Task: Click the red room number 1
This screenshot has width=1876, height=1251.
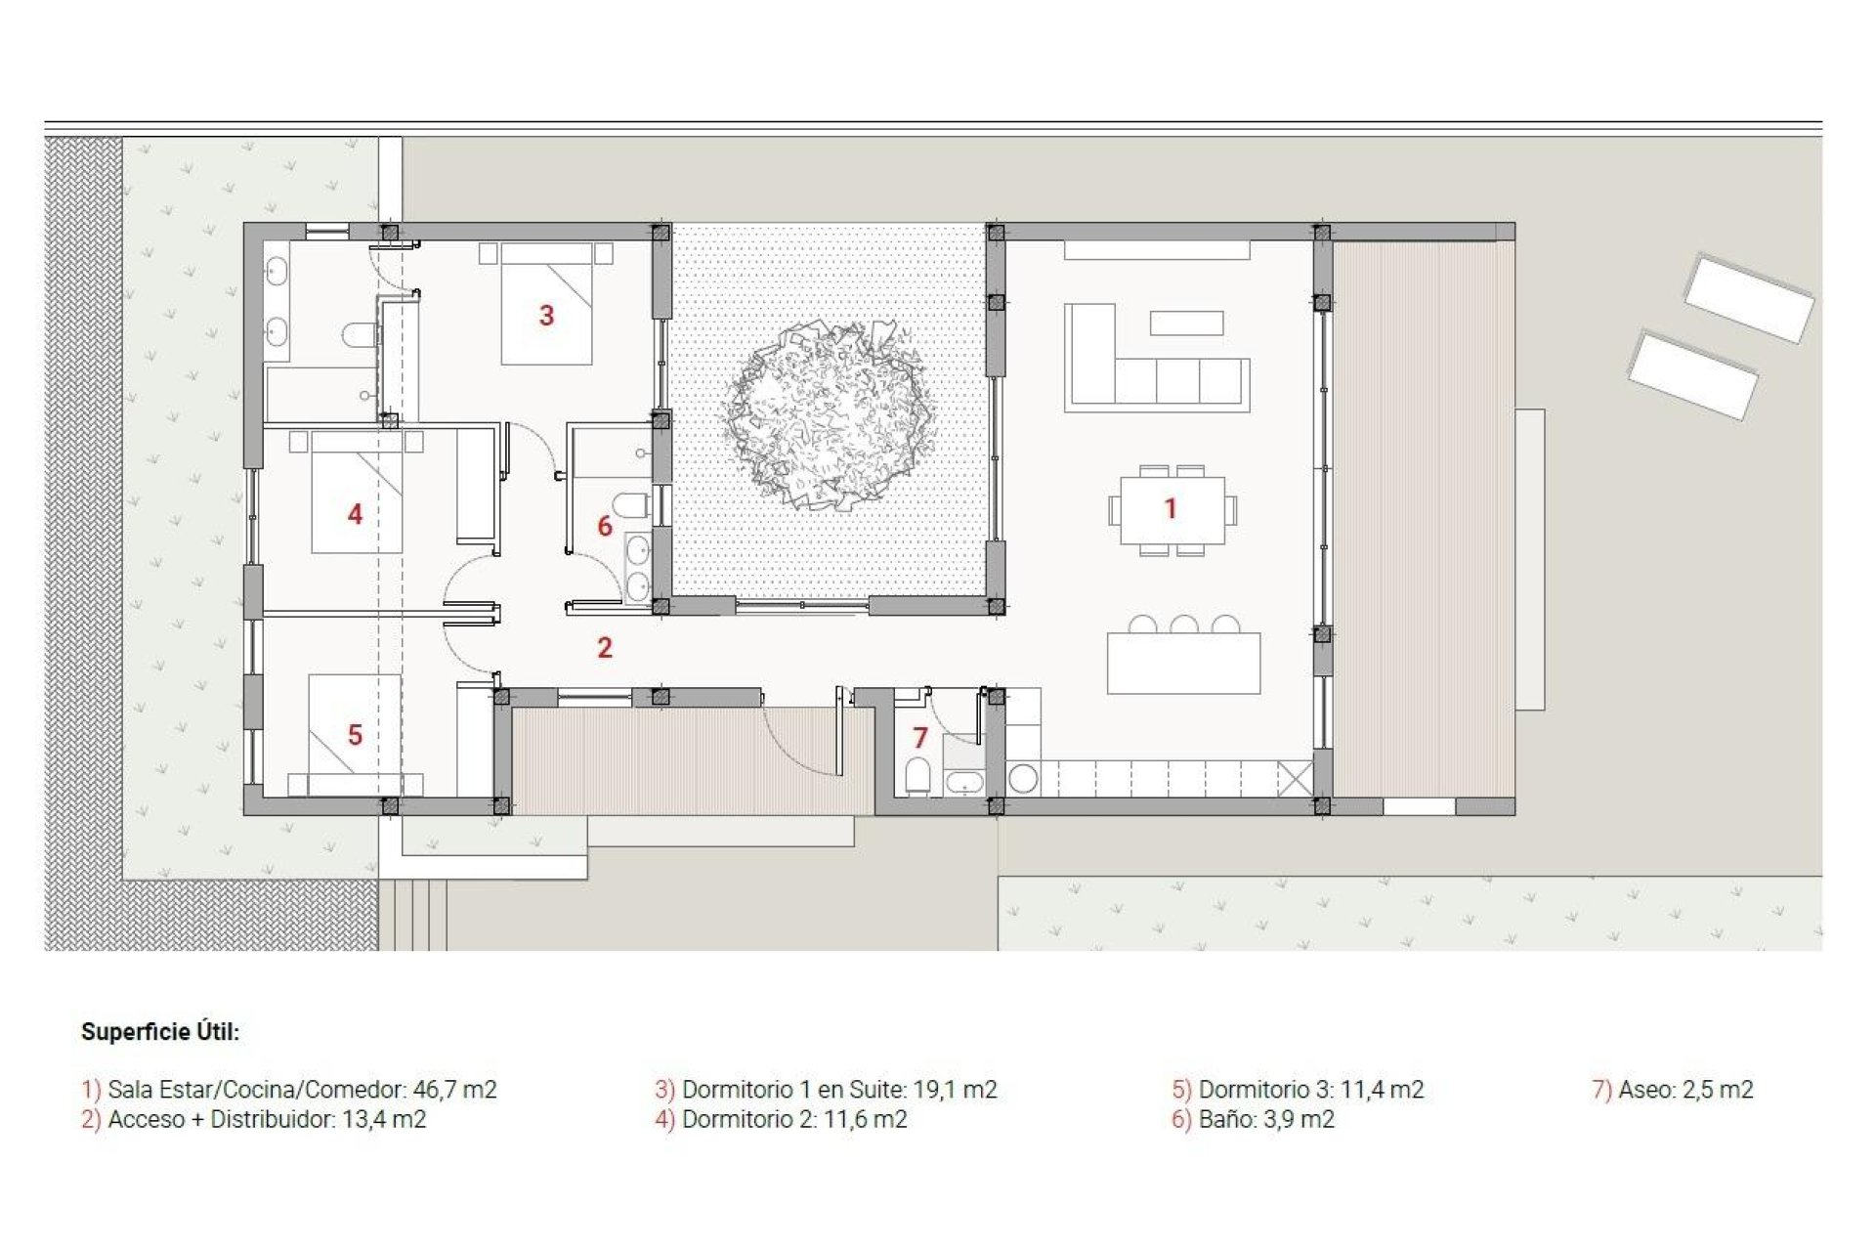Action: [x=1170, y=508]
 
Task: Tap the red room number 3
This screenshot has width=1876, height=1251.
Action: [x=546, y=316]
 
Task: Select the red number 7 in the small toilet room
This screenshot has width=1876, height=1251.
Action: [x=919, y=738]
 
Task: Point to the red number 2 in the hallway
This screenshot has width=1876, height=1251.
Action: [x=605, y=647]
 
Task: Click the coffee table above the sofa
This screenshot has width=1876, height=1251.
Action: [x=1186, y=323]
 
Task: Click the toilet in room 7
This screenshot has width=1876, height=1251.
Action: [x=917, y=776]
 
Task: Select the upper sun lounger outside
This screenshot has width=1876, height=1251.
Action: [x=1748, y=297]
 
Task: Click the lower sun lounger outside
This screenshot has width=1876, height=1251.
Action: [x=1692, y=375]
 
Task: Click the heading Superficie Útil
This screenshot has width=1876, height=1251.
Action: [x=160, y=1032]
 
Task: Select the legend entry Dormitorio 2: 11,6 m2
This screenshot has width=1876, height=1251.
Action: [x=781, y=1119]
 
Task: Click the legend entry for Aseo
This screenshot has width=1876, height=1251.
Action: [x=1673, y=1089]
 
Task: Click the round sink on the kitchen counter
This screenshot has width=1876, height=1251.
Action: [x=1023, y=779]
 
